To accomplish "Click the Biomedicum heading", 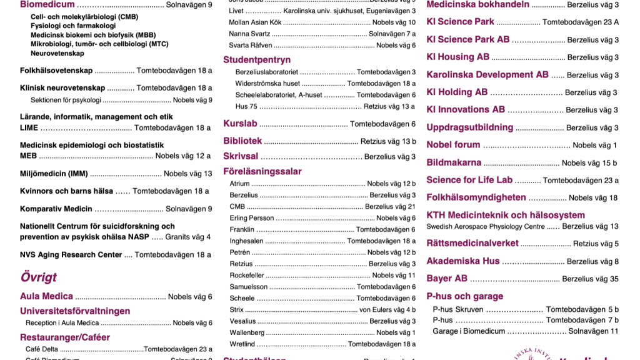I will (47, 4).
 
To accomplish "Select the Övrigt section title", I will (38, 277).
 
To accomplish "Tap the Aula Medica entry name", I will (46, 296).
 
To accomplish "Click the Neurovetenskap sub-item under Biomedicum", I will (57, 54).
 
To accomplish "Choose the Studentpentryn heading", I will (257, 60).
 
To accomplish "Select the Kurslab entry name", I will (240, 124).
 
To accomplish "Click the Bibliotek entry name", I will (242, 141).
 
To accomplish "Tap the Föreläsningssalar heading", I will (262, 171).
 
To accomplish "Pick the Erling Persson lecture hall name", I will (252, 218).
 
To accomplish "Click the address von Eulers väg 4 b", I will (387, 309).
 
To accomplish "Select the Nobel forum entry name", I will (453, 144).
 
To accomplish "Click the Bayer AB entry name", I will (447, 278).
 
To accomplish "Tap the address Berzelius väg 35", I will (590, 279).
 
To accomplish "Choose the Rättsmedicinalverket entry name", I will (472, 243).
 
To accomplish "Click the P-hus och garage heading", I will (464, 296).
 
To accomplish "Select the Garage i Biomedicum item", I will (469, 331).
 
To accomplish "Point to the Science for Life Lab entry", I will (469, 180).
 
